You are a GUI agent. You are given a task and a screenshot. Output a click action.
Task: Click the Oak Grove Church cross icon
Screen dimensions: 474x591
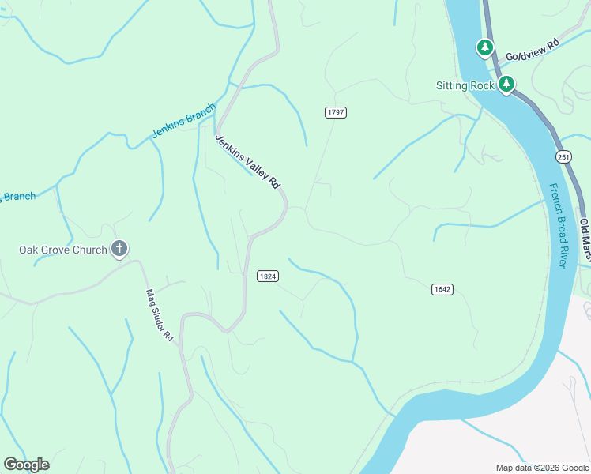(119, 250)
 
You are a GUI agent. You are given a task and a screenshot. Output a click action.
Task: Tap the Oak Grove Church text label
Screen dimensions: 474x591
(62, 250)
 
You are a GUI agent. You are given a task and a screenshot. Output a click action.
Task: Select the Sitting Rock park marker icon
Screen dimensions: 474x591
(506, 85)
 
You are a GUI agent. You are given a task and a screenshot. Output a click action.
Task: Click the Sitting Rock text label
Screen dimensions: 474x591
(465, 85)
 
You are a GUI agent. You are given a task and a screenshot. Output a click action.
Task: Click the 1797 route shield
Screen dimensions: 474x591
(336, 112)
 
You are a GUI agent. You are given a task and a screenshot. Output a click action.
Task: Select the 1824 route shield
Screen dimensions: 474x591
(267, 276)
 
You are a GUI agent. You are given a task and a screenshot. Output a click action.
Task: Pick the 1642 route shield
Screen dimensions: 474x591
(442, 289)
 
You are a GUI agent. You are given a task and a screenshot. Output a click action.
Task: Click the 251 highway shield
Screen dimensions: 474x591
(563, 156)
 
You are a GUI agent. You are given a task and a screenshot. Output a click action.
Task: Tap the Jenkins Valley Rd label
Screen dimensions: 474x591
(248, 161)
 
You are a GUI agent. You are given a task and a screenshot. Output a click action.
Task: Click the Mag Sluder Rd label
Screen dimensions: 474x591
(159, 314)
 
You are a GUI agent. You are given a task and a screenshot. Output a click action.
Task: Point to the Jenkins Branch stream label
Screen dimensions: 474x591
(183, 122)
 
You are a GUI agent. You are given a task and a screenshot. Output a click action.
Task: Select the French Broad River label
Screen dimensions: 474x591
(558, 226)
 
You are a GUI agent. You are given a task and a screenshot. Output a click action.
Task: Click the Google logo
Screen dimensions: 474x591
(26, 465)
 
